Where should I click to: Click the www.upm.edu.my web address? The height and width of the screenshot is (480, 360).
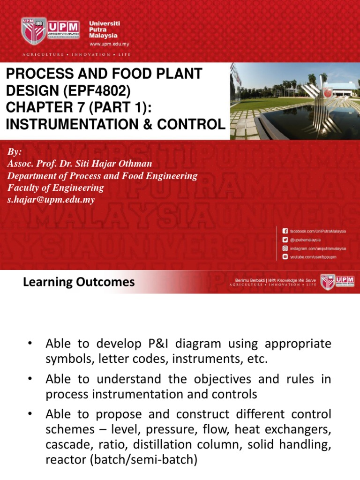[x=109, y=44]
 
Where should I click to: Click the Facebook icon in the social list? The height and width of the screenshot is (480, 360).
[x=285, y=231]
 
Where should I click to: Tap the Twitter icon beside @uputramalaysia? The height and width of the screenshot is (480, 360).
[x=285, y=240]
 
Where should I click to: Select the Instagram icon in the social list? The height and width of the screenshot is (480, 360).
[x=285, y=248]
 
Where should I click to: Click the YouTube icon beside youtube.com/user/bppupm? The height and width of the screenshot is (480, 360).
[x=285, y=257]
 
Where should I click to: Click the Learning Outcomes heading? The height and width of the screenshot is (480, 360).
[x=79, y=282]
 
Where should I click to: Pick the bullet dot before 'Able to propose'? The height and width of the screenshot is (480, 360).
[x=30, y=414]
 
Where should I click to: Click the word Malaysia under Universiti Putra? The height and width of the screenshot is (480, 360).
[x=104, y=36]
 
